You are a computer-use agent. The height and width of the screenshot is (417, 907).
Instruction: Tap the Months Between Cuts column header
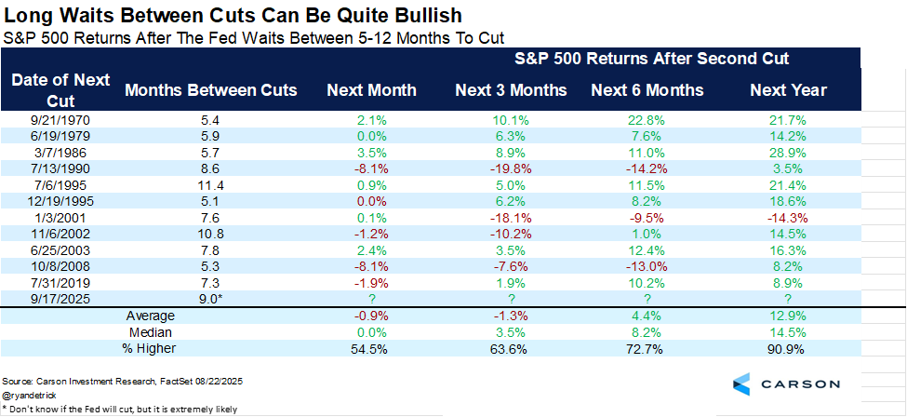211,90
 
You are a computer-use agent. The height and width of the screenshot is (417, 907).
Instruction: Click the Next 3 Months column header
511,90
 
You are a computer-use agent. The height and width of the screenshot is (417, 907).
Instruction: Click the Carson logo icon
741,383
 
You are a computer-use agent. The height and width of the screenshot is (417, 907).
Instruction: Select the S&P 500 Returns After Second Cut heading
652,59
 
